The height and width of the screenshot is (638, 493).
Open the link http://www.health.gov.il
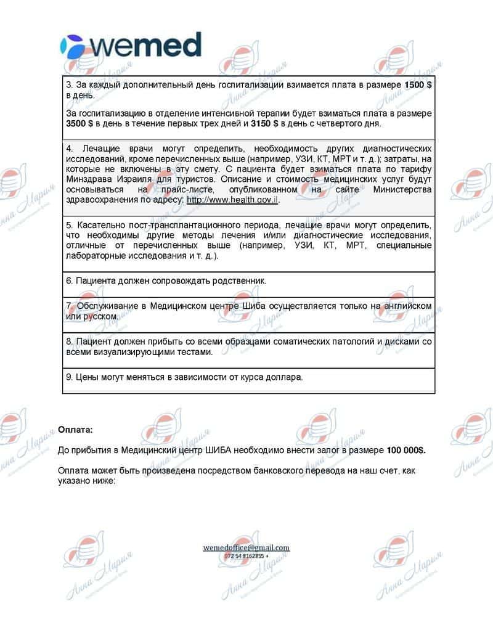[232, 201]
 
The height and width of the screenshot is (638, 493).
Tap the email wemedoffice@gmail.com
[246, 547]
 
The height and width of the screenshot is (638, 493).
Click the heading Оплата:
[75, 429]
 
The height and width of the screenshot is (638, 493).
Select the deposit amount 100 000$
[405, 450]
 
